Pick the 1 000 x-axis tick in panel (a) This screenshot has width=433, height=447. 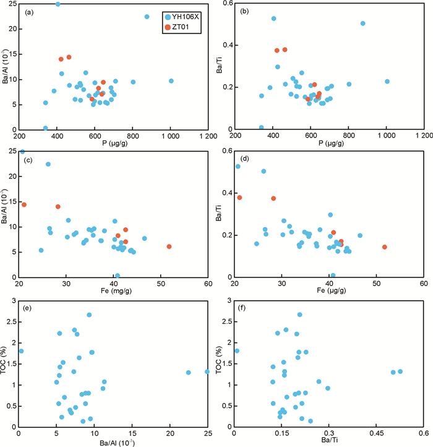coord(171,136)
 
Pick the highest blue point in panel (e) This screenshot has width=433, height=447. coord(89,315)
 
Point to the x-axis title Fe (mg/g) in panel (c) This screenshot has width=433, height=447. coord(113,291)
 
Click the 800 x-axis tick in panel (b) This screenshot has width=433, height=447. coord(349,136)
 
